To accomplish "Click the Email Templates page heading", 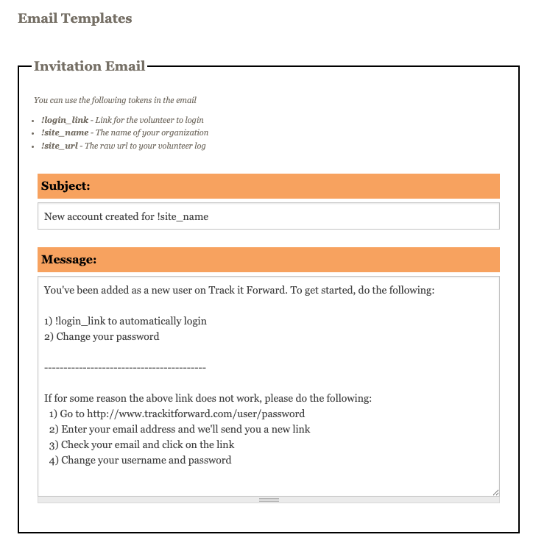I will pos(75,18).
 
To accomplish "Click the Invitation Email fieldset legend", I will pos(89,66).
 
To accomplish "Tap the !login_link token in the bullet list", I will pos(65,120).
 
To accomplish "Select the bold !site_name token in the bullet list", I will pos(65,133).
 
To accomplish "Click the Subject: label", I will pos(66,186).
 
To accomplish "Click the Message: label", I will pos(68,260).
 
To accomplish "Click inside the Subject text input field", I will pos(268,216).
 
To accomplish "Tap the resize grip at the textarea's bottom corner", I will pos(495,492).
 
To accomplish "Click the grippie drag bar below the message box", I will pos(269,500).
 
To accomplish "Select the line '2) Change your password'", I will pos(102,337).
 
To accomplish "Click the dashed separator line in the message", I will pos(125,367).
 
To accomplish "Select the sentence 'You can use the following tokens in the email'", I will pos(115,100).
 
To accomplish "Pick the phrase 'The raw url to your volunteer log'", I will pos(145,146).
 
